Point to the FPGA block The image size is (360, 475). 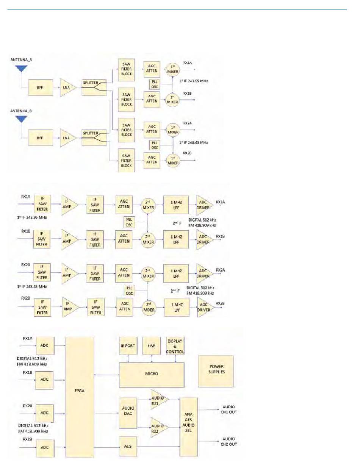click(x=80, y=396)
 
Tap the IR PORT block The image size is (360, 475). click(x=128, y=345)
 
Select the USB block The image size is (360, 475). click(x=152, y=345)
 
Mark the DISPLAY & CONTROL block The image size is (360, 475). click(x=175, y=346)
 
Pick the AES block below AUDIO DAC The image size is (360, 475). click(x=128, y=447)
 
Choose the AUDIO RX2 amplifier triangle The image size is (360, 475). click(x=158, y=427)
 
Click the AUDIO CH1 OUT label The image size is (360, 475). click(x=229, y=409)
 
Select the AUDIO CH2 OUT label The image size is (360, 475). click(x=229, y=442)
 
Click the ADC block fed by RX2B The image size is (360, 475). click(x=44, y=448)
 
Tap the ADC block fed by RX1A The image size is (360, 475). click(x=44, y=345)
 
